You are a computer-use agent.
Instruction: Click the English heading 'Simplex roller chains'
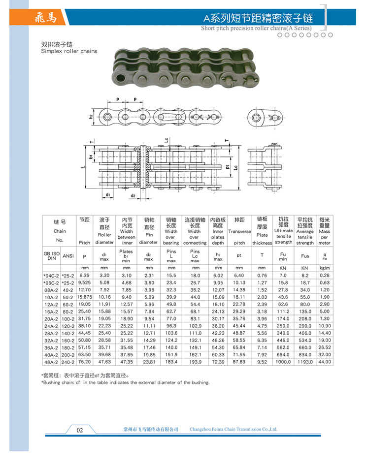coord(69,51)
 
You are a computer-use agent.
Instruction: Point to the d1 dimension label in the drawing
coord(107,195)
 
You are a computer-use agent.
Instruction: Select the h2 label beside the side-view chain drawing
coord(91,117)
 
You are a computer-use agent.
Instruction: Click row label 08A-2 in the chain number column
coord(51,290)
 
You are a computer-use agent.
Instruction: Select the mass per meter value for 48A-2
coord(324,362)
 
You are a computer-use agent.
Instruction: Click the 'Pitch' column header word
coord(84,243)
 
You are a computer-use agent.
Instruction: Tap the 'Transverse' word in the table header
coord(239,232)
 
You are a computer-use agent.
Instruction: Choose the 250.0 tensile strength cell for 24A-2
coord(283,326)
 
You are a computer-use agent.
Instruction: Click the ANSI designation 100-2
coord(68,319)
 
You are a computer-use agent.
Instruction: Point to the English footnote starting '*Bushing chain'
coord(126,382)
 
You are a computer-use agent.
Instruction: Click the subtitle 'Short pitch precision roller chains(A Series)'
coord(257,28)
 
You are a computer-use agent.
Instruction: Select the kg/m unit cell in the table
coord(324,268)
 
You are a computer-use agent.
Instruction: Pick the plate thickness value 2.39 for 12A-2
coord(262,305)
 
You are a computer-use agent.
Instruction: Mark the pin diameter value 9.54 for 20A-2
coord(148,319)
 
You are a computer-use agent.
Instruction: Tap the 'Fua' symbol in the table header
coord(304,256)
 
